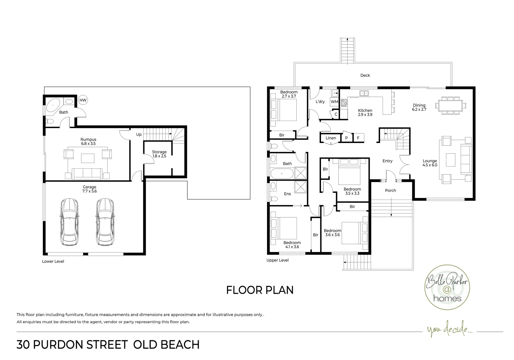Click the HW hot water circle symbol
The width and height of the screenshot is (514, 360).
(83, 100)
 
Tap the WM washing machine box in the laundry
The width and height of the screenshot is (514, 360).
(334, 102)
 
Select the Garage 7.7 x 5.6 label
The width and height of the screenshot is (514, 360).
(89, 189)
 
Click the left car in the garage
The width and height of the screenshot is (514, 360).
(69, 222)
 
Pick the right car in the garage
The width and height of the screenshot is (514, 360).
(105, 222)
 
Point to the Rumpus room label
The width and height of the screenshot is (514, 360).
(88, 141)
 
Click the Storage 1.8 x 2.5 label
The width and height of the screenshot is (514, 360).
(159, 154)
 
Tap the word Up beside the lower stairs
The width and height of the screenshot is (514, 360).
(139, 134)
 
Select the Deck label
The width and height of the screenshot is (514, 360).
(365, 75)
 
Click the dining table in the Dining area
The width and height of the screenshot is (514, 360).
(450, 106)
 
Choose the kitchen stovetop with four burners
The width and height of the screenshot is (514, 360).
(344, 103)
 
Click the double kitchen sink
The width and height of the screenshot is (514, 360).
(364, 93)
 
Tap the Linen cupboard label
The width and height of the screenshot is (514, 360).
(331, 138)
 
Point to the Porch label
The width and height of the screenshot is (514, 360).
(390, 190)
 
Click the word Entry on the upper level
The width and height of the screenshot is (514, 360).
(387, 161)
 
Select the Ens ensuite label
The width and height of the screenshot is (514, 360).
(287, 194)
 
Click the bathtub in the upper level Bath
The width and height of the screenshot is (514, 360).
(282, 173)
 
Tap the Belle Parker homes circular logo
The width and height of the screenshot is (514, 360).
(447, 287)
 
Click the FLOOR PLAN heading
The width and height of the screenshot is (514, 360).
(260, 290)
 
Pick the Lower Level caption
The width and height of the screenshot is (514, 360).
(53, 261)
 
